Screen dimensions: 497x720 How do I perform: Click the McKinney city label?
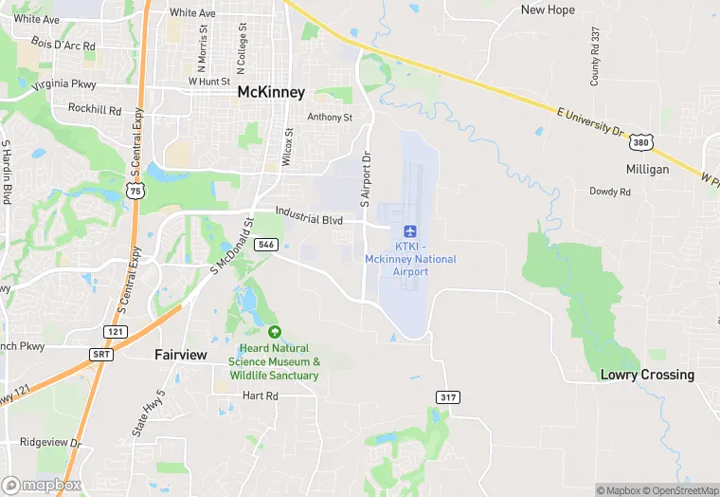click(271, 92)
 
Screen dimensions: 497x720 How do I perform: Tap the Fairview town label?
click(181, 354)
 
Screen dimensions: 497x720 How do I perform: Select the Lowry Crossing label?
click(647, 375)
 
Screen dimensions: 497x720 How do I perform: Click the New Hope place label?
click(548, 10)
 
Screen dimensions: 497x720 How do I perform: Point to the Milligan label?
click(647, 169)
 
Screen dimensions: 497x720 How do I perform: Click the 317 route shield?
click(448, 396)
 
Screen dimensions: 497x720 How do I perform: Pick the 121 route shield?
click(115, 331)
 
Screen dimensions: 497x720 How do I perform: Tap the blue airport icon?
click(410, 232)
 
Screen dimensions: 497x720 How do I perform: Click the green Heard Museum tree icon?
click(275, 332)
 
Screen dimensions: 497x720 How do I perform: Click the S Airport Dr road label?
click(365, 180)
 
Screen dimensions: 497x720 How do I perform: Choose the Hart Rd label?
click(260, 396)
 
